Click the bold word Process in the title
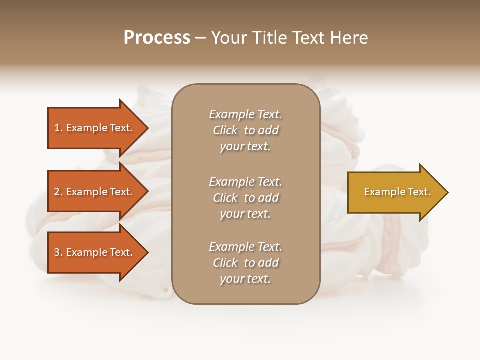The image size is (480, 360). click(157, 38)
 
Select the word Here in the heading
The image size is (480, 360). click(349, 38)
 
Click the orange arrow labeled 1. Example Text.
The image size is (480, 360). click(95, 128)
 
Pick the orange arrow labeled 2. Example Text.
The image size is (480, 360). click(95, 192)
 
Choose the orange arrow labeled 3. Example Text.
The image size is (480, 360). click(95, 252)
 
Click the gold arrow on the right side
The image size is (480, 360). click(395, 192)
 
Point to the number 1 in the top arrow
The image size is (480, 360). click(57, 128)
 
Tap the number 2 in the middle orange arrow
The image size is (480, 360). click(57, 192)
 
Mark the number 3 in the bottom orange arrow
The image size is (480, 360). click(57, 252)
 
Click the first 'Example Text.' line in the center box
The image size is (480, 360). click(245, 114)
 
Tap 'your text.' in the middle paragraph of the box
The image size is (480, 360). click(245, 214)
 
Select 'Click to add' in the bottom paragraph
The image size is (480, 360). click(245, 263)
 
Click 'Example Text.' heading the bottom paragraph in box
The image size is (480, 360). click(245, 247)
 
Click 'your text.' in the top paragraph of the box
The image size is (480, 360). click(245, 147)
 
